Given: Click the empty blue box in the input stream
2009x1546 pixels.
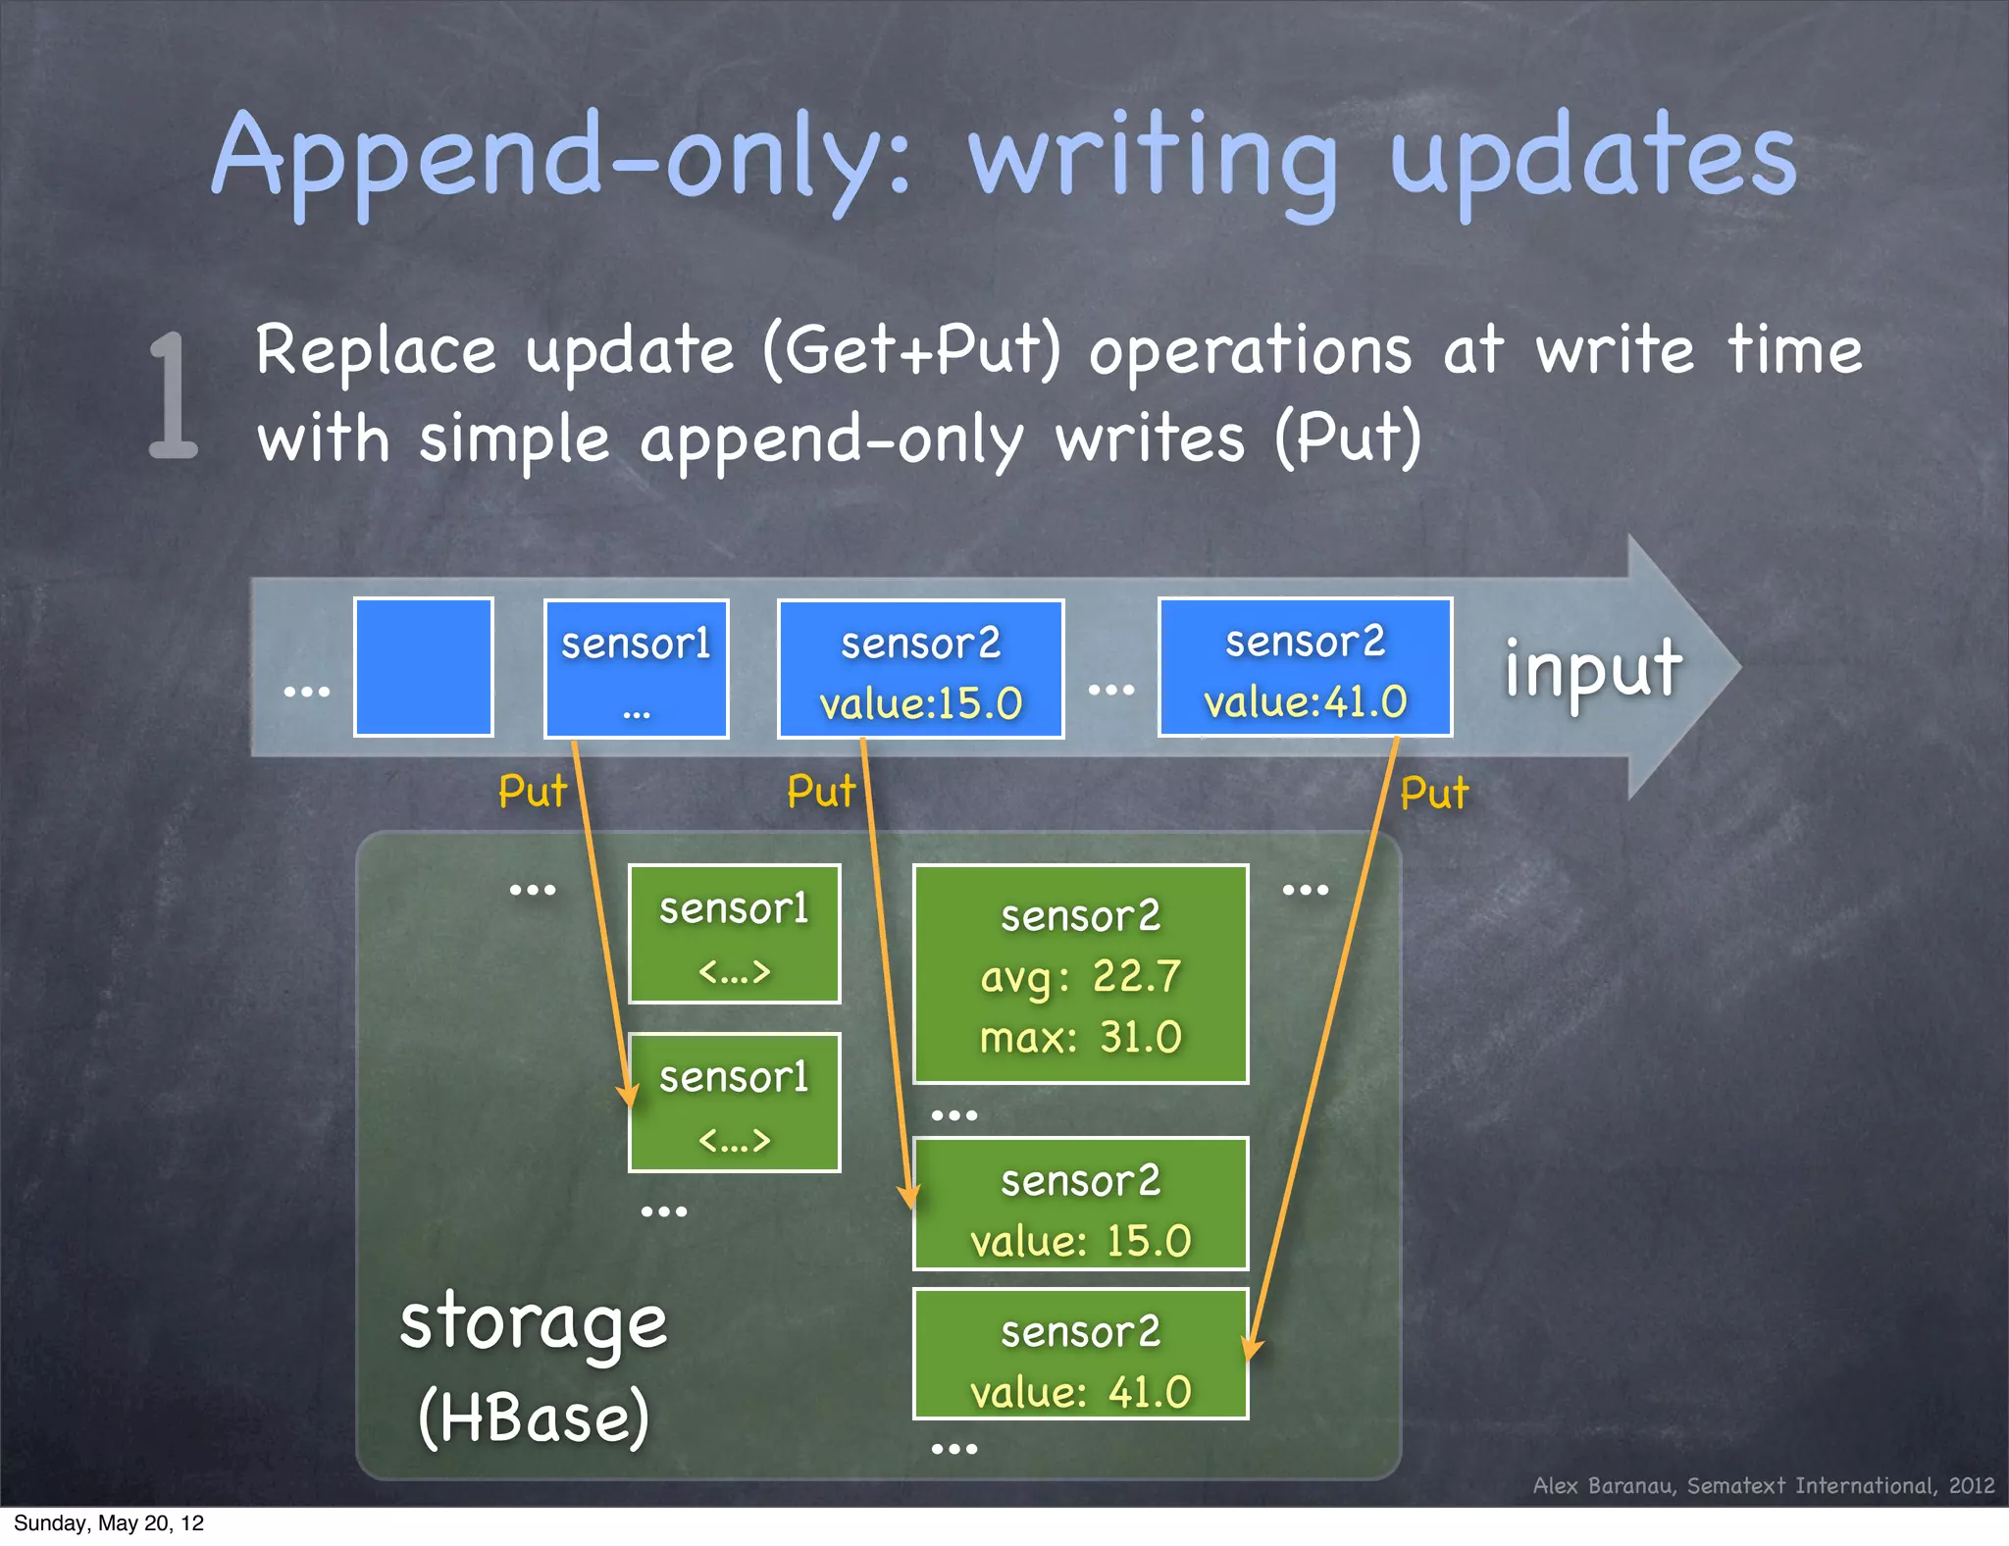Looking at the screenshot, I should tap(423, 667).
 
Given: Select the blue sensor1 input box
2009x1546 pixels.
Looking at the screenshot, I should tap(636, 668).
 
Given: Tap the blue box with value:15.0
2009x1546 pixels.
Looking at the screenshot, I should tap(920, 669).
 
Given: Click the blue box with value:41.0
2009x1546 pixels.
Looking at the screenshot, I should tap(1305, 667).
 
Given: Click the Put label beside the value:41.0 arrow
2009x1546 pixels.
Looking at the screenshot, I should tap(1433, 793).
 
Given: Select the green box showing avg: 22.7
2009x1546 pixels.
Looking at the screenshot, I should tap(1080, 974).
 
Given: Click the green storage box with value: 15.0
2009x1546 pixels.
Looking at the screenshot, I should tap(1080, 1204).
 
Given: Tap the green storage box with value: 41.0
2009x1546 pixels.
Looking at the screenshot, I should tap(1080, 1355).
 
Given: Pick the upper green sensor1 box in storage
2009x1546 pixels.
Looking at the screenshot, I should tap(734, 934).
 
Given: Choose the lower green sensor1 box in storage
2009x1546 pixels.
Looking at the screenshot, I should tap(734, 1103).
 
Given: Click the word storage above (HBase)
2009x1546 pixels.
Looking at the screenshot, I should tap(534, 1322).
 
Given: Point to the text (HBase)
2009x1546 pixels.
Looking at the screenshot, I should tap(534, 1417).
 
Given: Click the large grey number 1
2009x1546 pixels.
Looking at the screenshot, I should tap(175, 395).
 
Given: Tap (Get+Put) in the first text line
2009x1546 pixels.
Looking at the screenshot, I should tap(911, 351).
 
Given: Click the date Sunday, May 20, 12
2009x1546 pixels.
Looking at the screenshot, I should tap(109, 1523).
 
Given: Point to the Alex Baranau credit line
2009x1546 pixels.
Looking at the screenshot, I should tap(1763, 1485).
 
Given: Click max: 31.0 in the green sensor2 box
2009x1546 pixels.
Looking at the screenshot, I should tap(1080, 1037).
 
